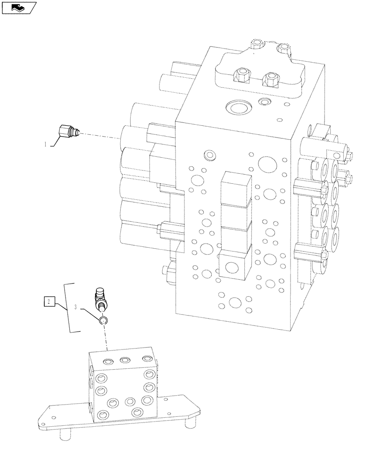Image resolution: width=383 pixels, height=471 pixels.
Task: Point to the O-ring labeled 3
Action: point(103,321)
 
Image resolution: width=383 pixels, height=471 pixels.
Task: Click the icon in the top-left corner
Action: point(19,8)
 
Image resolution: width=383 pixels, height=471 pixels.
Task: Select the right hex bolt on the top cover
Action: point(271,79)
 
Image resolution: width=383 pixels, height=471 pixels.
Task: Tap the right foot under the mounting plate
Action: point(189,423)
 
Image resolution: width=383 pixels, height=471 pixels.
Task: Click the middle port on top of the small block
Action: point(125,360)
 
